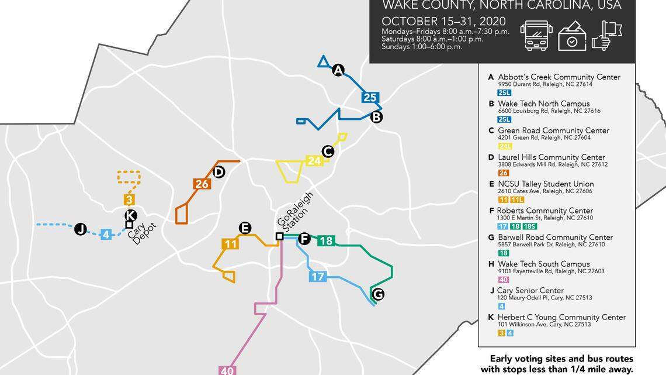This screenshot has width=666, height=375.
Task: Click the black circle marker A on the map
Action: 338,71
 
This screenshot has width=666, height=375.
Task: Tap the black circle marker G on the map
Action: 378,294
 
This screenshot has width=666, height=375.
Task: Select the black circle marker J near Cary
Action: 81,229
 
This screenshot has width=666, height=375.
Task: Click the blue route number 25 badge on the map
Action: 369,98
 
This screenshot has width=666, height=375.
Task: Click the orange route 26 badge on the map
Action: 202,184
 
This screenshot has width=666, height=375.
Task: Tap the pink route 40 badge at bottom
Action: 227,370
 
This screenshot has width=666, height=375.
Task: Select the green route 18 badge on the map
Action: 326,240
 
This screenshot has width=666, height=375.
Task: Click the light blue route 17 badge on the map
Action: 317,277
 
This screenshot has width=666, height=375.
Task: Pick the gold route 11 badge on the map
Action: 231,244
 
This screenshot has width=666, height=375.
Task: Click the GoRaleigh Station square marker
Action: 279,236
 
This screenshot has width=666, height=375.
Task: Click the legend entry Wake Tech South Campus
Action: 543,264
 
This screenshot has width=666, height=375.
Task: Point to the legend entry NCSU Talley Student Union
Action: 544,184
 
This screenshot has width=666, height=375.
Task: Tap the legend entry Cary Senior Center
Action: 530,290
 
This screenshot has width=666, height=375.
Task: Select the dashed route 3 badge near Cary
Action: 129,199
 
